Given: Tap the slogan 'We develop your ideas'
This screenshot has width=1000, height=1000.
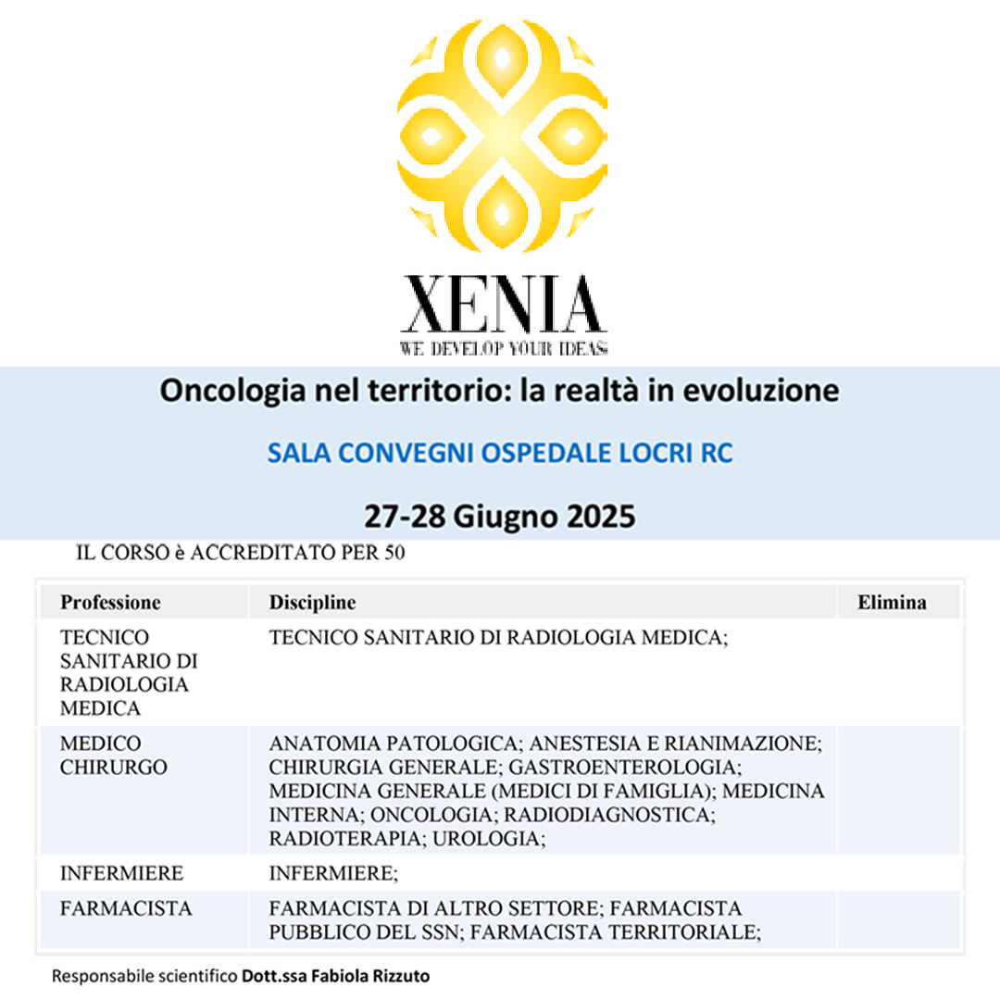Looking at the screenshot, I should [503, 349].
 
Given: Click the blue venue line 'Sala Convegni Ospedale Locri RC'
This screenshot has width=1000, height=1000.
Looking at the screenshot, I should [500, 454].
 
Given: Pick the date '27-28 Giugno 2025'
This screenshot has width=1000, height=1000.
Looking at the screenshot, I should [500, 516].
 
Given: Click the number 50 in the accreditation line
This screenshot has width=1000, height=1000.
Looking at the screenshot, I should [395, 554].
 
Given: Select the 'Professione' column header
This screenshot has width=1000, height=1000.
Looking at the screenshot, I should [110, 603].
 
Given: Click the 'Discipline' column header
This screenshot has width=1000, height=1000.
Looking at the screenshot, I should [312, 603].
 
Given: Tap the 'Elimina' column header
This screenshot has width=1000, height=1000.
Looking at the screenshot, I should [892, 603].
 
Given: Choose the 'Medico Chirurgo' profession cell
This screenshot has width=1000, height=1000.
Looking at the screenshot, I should [101, 756].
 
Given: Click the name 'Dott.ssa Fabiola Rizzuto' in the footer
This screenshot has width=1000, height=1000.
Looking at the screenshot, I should [337, 976].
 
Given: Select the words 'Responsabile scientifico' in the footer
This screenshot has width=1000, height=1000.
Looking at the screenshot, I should [144, 976].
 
